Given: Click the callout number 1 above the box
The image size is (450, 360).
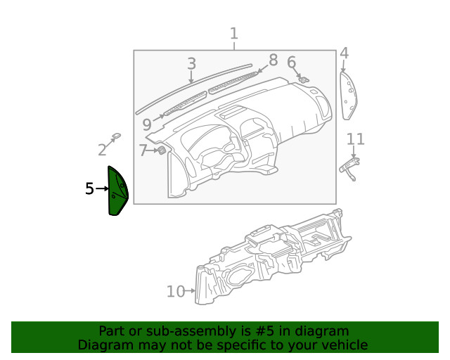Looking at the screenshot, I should [x=233, y=33].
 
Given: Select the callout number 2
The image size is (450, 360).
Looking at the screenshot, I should [x=103, y=149].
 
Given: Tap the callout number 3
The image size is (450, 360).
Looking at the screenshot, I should [x=191, y=64].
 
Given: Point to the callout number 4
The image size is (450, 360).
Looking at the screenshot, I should [x=344, y=53].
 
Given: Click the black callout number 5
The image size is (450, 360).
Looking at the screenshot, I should [x=89, y=188].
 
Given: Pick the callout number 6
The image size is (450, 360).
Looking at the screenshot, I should [x=291, y=63].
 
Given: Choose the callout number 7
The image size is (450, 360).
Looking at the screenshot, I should [x=143, y=150].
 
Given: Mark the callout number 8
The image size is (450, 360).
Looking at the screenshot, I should [x=273, y=60].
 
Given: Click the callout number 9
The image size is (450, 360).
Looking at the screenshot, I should [x=146, y=125].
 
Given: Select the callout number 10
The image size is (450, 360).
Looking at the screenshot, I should [x=175, y=291].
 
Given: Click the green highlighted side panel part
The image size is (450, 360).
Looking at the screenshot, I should [x=117, y=191].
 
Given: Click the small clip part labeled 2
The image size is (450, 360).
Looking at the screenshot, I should [x=117, y=136].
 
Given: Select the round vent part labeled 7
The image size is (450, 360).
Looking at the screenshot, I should [x=162, y=150].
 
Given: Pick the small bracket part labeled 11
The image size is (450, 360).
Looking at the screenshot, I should [x=349, y=166].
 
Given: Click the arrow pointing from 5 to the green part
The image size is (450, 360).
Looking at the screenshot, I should [x=102, y=189].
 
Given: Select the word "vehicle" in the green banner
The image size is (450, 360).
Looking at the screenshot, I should [x=343, y=345].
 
